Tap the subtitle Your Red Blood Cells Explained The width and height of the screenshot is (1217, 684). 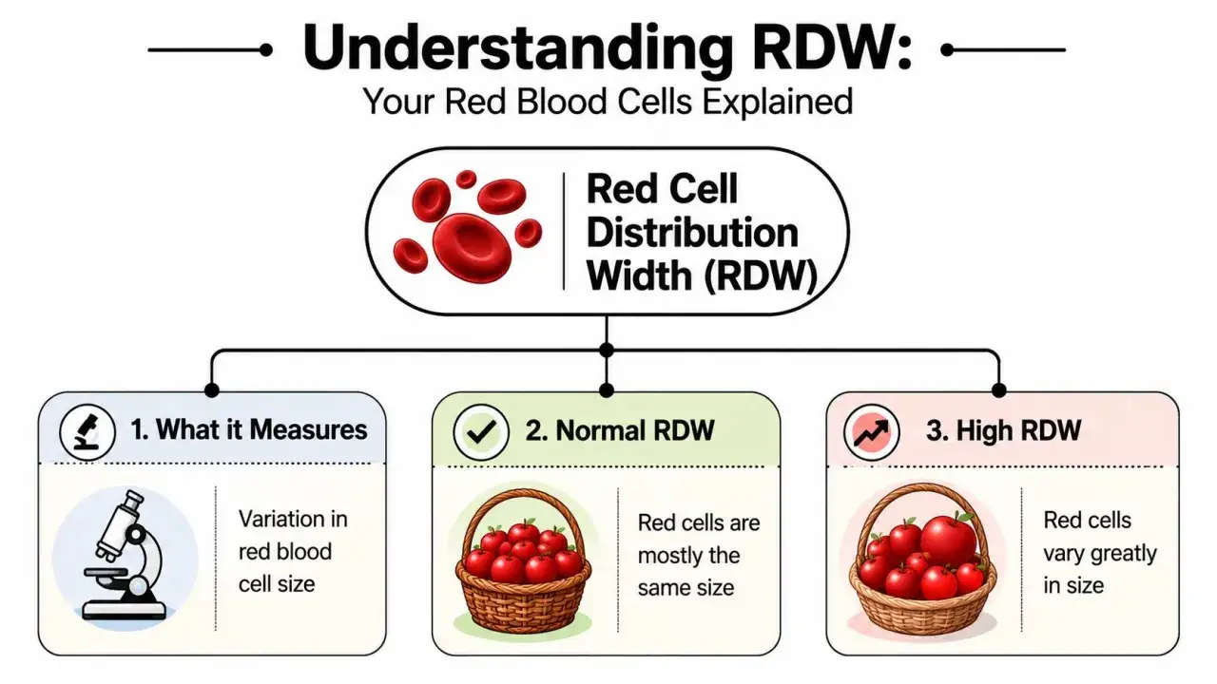[x=608, y=102]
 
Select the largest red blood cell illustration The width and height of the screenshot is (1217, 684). [x=472, y=248]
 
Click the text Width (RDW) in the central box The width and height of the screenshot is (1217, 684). [x=702, y=275]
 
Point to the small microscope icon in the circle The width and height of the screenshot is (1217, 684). [x=87, y=432]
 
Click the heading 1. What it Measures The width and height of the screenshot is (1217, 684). [x=249, y=430]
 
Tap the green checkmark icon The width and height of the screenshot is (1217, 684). [x=481, y=432]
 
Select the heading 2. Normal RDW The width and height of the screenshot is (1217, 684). [x=619, y=431]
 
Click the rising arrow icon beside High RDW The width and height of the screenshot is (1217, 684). [x=871, y=432]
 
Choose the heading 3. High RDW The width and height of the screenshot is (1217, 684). [x=1003, y=431]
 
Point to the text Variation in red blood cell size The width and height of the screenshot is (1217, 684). [x=293, y=552]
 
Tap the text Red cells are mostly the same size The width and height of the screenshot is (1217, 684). [x=699, y=556]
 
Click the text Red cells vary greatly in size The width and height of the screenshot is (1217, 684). [x=1100, y=553]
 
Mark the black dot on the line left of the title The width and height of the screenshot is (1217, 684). [x=265, y=50]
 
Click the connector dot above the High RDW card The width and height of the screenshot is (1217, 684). [x=998, y=389]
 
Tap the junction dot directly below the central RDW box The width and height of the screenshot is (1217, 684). [x=607, y=351]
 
